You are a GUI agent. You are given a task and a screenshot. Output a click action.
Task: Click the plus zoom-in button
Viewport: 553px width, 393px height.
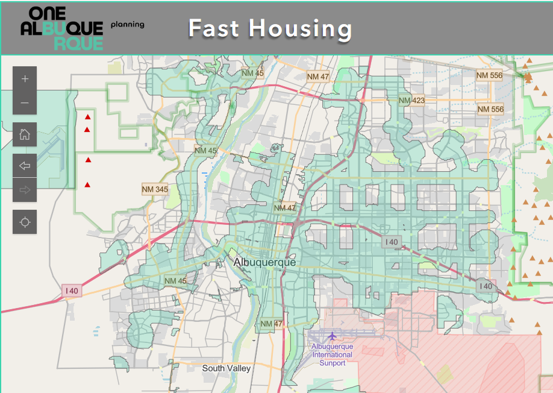point(25,78)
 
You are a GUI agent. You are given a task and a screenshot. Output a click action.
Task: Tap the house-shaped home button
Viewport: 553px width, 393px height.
point(25,134)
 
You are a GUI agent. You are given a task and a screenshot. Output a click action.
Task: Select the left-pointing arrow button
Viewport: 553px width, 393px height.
point(25,166)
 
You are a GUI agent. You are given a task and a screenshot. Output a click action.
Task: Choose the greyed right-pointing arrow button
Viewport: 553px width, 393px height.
point(25,190)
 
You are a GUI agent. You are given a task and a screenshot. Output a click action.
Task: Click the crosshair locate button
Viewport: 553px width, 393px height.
point(25,222)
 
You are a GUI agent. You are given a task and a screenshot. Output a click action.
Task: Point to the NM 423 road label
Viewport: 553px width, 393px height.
point(411,100)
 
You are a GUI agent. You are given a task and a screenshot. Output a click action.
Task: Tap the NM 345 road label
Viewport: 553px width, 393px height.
point(155,189)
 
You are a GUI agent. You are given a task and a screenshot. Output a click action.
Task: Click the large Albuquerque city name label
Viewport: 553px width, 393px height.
point(264,263)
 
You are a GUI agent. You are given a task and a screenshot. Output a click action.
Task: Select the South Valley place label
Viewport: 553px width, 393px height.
point(227,368)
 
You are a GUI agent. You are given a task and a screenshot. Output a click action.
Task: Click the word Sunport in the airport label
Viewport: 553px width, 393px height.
point(332,363)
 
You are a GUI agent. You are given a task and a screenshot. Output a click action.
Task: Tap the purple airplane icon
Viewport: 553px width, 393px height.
point(332,335)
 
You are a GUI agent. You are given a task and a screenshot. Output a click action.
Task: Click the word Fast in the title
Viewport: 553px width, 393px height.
point(214,28)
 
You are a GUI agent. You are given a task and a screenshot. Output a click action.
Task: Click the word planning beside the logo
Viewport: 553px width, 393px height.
point(127,25)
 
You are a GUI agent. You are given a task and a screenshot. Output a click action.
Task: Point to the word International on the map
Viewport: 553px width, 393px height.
point(332,355)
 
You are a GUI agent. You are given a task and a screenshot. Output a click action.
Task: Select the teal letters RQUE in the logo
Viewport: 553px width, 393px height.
point(78,42)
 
